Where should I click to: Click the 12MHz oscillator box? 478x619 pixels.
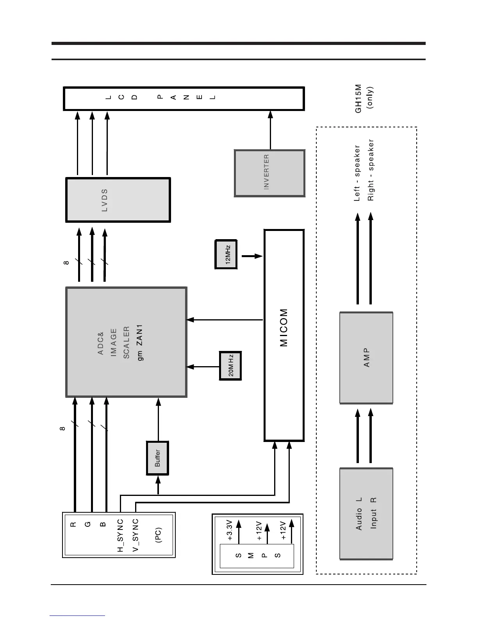click(226, 254)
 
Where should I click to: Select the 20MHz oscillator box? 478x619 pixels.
click(230, 366)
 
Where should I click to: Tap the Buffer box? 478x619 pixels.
click(157, 458)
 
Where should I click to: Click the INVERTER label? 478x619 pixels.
click(266, 172)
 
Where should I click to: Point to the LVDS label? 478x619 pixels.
click(104, 200)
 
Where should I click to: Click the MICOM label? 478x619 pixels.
click(284, 328)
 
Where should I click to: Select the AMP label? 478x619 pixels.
click(366, 358)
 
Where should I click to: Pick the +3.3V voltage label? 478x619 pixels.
click(230, 530)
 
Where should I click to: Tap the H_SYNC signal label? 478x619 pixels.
click(121, 535)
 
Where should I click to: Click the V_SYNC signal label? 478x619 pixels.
click(136, 535)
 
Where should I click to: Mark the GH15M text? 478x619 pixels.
click(358, 98)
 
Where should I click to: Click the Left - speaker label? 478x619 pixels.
click(357, 173)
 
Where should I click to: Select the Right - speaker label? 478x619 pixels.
click(371, 170)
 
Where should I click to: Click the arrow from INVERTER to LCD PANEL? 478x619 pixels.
click(270, 130)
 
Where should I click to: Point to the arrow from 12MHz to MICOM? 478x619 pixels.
click(252, 256)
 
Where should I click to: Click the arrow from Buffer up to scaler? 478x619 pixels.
click(158, 419)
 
